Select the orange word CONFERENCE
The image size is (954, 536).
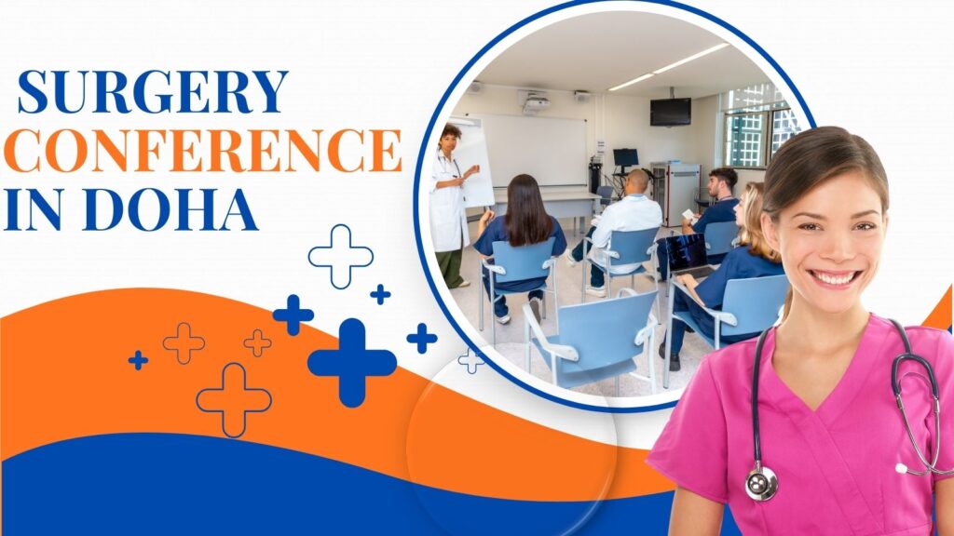click(x=202, y=152)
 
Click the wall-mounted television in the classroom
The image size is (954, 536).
click(x=670, y=112)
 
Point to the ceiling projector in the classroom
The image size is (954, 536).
click(x=536, y=103)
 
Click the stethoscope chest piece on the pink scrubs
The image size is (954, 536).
click(x=760, y=483)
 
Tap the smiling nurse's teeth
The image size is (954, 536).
click(x=835, y=277)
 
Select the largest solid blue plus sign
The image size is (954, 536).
click(x=351, y=363)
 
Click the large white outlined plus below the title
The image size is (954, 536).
click(x=341, y=256)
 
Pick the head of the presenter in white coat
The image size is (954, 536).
click(x=452, y=137)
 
